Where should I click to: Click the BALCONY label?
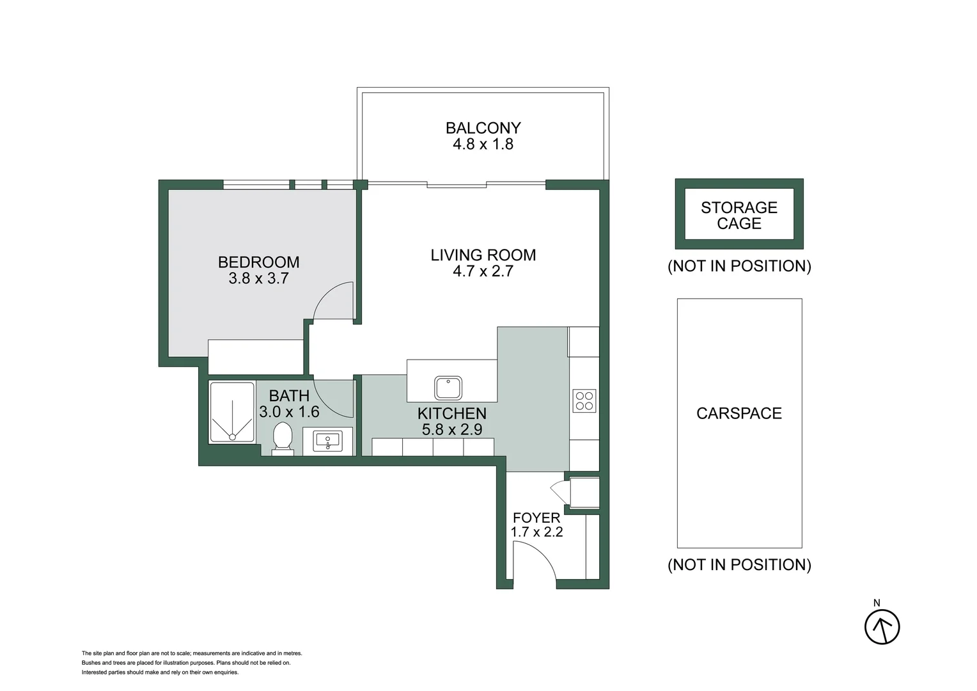coord(483,128)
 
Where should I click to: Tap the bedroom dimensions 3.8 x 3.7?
coord(258,278)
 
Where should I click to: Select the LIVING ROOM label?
coord(483,255)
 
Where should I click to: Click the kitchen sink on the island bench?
coord(448,388)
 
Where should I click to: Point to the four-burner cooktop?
coord(584,401)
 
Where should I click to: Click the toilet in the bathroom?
coord(282,437)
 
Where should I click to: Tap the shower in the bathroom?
coord(232,413)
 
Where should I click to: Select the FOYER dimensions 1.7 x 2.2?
coord(536,532)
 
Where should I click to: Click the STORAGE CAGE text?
coord(739,215)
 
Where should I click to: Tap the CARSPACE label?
coord(739,413)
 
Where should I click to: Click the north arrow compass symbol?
coord(882,626)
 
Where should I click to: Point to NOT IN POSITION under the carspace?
coord(739,564)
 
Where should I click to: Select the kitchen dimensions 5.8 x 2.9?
coord(451,429)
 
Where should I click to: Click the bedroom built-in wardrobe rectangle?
coord(255,356)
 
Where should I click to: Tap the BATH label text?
coord(289,395)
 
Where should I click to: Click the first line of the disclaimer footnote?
coord(192,653)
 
